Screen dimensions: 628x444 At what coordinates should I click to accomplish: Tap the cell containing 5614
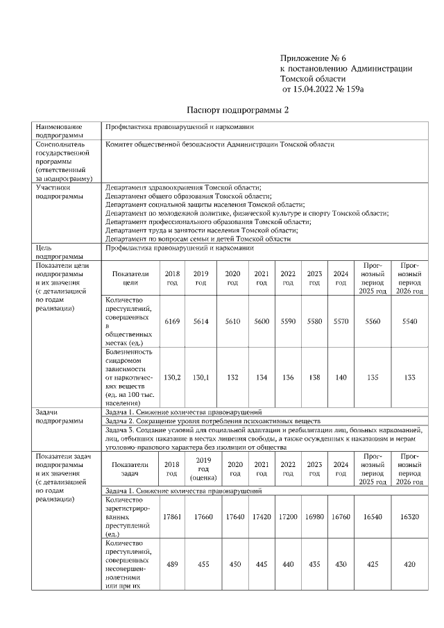201,321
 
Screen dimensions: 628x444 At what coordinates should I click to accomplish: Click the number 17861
171,517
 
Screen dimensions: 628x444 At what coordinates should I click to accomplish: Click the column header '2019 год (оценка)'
203,469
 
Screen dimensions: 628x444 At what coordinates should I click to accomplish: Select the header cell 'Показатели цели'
130,278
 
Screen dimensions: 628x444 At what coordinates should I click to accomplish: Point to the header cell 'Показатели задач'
130,469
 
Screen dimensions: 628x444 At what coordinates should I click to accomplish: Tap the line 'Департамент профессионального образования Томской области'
207,221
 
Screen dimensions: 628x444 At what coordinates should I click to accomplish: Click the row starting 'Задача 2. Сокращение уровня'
212,421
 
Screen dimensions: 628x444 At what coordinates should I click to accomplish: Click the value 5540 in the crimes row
407,321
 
